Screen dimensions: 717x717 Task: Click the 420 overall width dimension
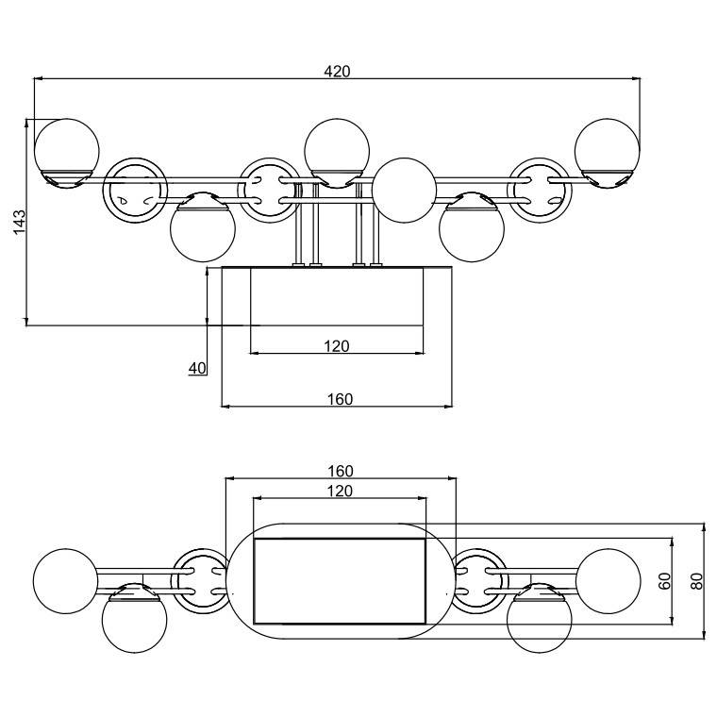pyautogui.click(x=337, y=71)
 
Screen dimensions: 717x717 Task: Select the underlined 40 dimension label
pyautogui.click(x=197, y=368)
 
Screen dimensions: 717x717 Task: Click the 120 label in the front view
pyautogui.click(x=337, y=346)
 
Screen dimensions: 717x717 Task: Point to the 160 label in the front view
pyautogui.click(x=340, y=399)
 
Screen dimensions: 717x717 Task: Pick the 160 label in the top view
pyautogui.click(x=340, y=471)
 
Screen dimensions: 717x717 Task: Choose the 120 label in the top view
pyautogui.click(x=340, y=491)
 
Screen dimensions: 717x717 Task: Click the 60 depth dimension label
pyautogui.click(x=665, y=581)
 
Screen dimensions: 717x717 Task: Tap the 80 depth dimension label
pyautogui.click(x=698, y=581)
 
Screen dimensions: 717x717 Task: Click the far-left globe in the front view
pyautogui.click(x=66, y=149)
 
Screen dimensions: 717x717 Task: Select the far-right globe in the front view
pyautogui.click(x=608, y=149)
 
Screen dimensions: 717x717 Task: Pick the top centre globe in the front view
pyautogui.click(x=337, y=149)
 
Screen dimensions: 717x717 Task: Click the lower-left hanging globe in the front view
pyautogui.click(x=202, y=228)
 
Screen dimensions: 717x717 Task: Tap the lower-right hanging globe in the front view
pyautogui.click(x=473, y=228)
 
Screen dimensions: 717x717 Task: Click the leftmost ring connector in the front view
pyautogui.click(x=134, y=190)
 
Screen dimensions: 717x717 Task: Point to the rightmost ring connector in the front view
pyautogui.click(x=540, y=190)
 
